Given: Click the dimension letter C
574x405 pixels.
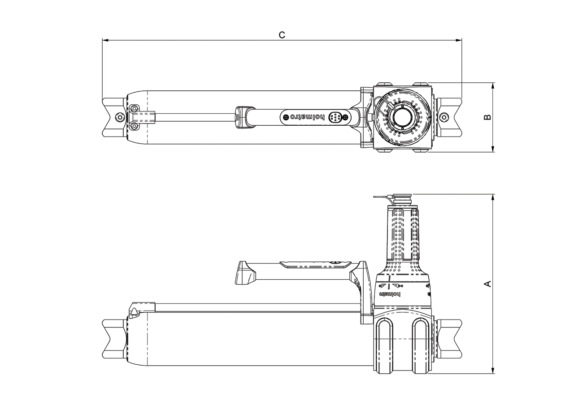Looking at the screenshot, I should point(282,35).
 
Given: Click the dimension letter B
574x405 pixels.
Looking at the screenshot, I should point(488,117).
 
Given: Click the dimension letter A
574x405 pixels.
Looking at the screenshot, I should point(488,284).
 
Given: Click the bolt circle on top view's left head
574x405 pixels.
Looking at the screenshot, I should point(119,117).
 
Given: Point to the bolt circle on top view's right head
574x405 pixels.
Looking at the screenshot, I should point(444,117).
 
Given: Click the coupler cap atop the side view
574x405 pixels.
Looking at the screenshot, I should point(402,197).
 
